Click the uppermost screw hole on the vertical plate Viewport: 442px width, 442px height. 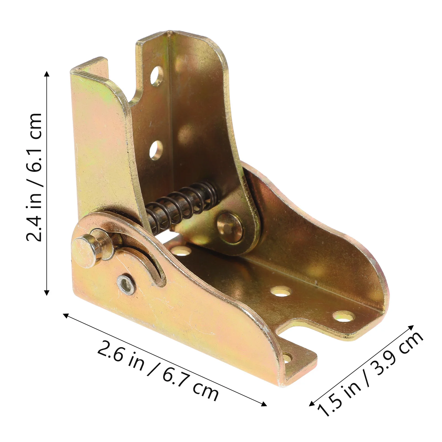pyautogui.click(x=157, y=75)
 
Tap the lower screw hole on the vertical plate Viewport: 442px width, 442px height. pyautogui.click(x=156, y=150)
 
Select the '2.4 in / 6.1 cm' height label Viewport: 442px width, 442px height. pyautogui.click(x=34, y=177)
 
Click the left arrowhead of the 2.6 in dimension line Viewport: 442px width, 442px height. pyautogui.click(x=66, y=315)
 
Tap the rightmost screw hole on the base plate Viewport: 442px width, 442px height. pyautogui.click(x=343, y=317)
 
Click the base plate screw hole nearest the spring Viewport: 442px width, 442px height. pyautogui.click(x=181, y=251)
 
